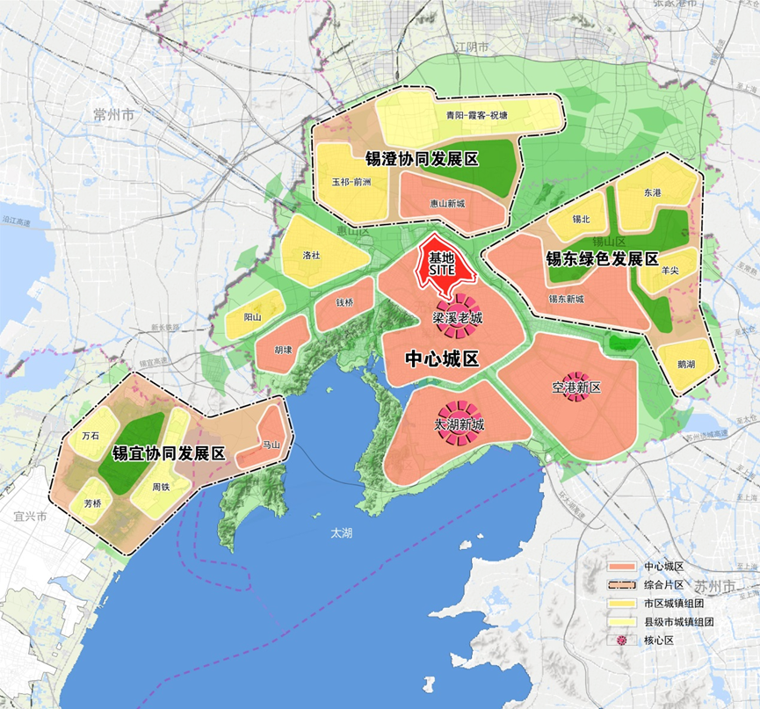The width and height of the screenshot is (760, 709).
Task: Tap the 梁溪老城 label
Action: click(x=457, y=318)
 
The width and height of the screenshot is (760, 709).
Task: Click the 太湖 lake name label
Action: click(x=341, y=533)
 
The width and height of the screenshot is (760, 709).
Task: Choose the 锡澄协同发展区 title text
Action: click(x=422, y=159)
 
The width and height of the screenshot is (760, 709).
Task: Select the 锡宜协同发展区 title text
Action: click(x=169, y=454)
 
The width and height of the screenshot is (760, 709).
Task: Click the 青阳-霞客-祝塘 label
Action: click(x=476, y=115)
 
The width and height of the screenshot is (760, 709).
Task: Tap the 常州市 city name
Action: click(x=114, y=115)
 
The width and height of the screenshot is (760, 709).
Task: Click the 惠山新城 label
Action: click(x=448, y=203)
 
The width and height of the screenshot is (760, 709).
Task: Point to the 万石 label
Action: click(x=90, y=435)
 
